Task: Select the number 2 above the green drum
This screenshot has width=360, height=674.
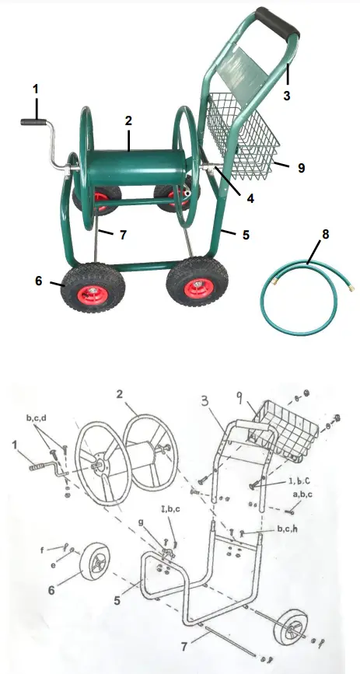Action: pos(128,120)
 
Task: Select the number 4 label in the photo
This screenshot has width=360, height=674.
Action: pos(250,198)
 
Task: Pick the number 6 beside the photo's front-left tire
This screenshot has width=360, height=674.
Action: pos(37,282)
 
